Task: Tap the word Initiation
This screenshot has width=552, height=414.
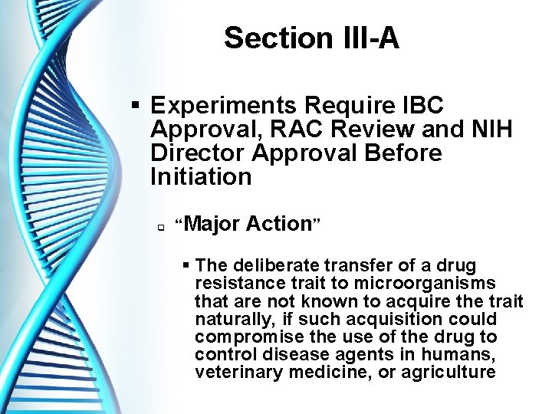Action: tap(201, 177)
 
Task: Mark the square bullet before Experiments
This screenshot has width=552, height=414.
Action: tap(135, 104)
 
